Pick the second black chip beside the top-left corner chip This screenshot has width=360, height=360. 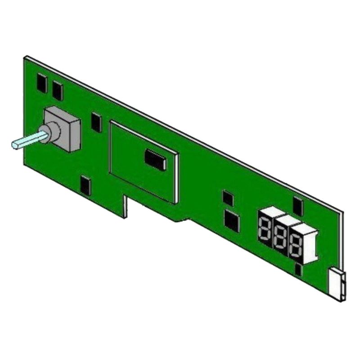point(58,91)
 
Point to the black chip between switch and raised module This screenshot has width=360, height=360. point(96,122)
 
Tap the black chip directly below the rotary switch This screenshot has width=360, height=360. point(85,186)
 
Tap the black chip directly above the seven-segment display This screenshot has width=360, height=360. point(298,207)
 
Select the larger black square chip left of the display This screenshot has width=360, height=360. point(232,221)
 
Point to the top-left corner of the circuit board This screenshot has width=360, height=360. point(26,58)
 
